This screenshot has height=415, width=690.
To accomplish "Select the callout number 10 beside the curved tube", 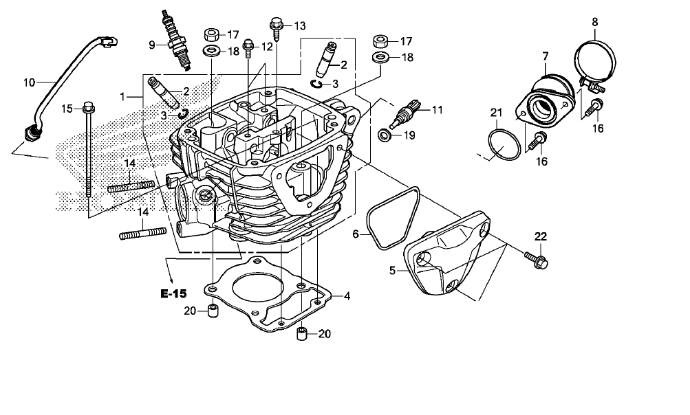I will tap(29, 83).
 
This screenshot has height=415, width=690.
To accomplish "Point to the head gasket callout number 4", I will tap(347, 295).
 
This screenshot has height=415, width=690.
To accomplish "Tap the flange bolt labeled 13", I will tap(277, 27).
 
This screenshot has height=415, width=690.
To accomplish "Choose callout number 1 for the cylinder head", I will tap(122, 98).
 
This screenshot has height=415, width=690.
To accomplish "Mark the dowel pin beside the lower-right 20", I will tap(301, 335).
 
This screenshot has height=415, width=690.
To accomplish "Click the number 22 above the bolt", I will tap(541, 236).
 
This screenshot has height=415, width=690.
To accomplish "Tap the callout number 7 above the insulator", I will tap(545, 55).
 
